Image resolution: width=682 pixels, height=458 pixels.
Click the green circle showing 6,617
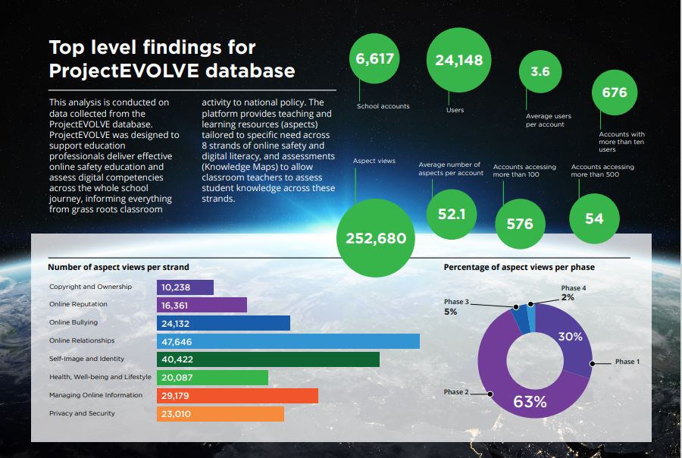point(376,59)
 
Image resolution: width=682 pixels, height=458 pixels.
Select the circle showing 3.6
point(540,73)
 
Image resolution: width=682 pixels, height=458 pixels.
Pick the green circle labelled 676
point(615,93)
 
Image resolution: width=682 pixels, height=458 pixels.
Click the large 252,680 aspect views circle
point(376,238)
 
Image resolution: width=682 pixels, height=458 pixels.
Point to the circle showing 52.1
point(452,215)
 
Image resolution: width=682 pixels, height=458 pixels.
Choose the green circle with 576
point(520,224)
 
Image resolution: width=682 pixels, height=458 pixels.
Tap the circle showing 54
point(594,218)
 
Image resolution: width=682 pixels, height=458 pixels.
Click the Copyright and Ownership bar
point(185,287)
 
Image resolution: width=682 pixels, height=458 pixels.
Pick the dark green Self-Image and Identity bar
point(267,359)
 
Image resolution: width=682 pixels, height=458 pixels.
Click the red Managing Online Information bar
point(237,396)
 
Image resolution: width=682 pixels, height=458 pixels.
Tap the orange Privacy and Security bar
point(220,414)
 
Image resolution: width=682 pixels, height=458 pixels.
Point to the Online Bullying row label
point(74,323)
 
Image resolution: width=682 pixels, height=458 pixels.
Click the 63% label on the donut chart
point(530,402)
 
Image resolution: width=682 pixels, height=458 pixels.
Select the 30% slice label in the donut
point(570,337)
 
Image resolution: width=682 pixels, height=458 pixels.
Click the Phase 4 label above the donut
point(574,288)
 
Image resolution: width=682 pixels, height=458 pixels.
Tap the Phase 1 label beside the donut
point(627,362)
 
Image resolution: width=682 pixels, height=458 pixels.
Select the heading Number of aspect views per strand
point(118,267)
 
